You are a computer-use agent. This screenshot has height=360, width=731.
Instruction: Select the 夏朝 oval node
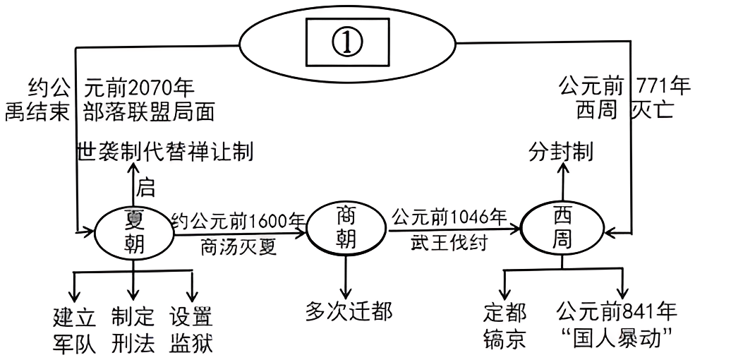[133, 231]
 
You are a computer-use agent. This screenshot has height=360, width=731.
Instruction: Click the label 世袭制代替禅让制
[165, 152]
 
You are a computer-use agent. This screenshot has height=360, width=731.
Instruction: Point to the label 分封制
[561, 152]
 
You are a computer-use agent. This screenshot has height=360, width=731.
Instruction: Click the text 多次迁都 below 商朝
[349, 311]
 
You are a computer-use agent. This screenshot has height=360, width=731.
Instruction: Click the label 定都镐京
[505, 326]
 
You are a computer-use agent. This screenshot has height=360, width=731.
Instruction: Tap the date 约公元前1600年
[237, 220]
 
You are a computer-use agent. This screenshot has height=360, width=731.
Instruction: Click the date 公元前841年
[616, 311]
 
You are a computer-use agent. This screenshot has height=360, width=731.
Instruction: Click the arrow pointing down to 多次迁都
[346, 279]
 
